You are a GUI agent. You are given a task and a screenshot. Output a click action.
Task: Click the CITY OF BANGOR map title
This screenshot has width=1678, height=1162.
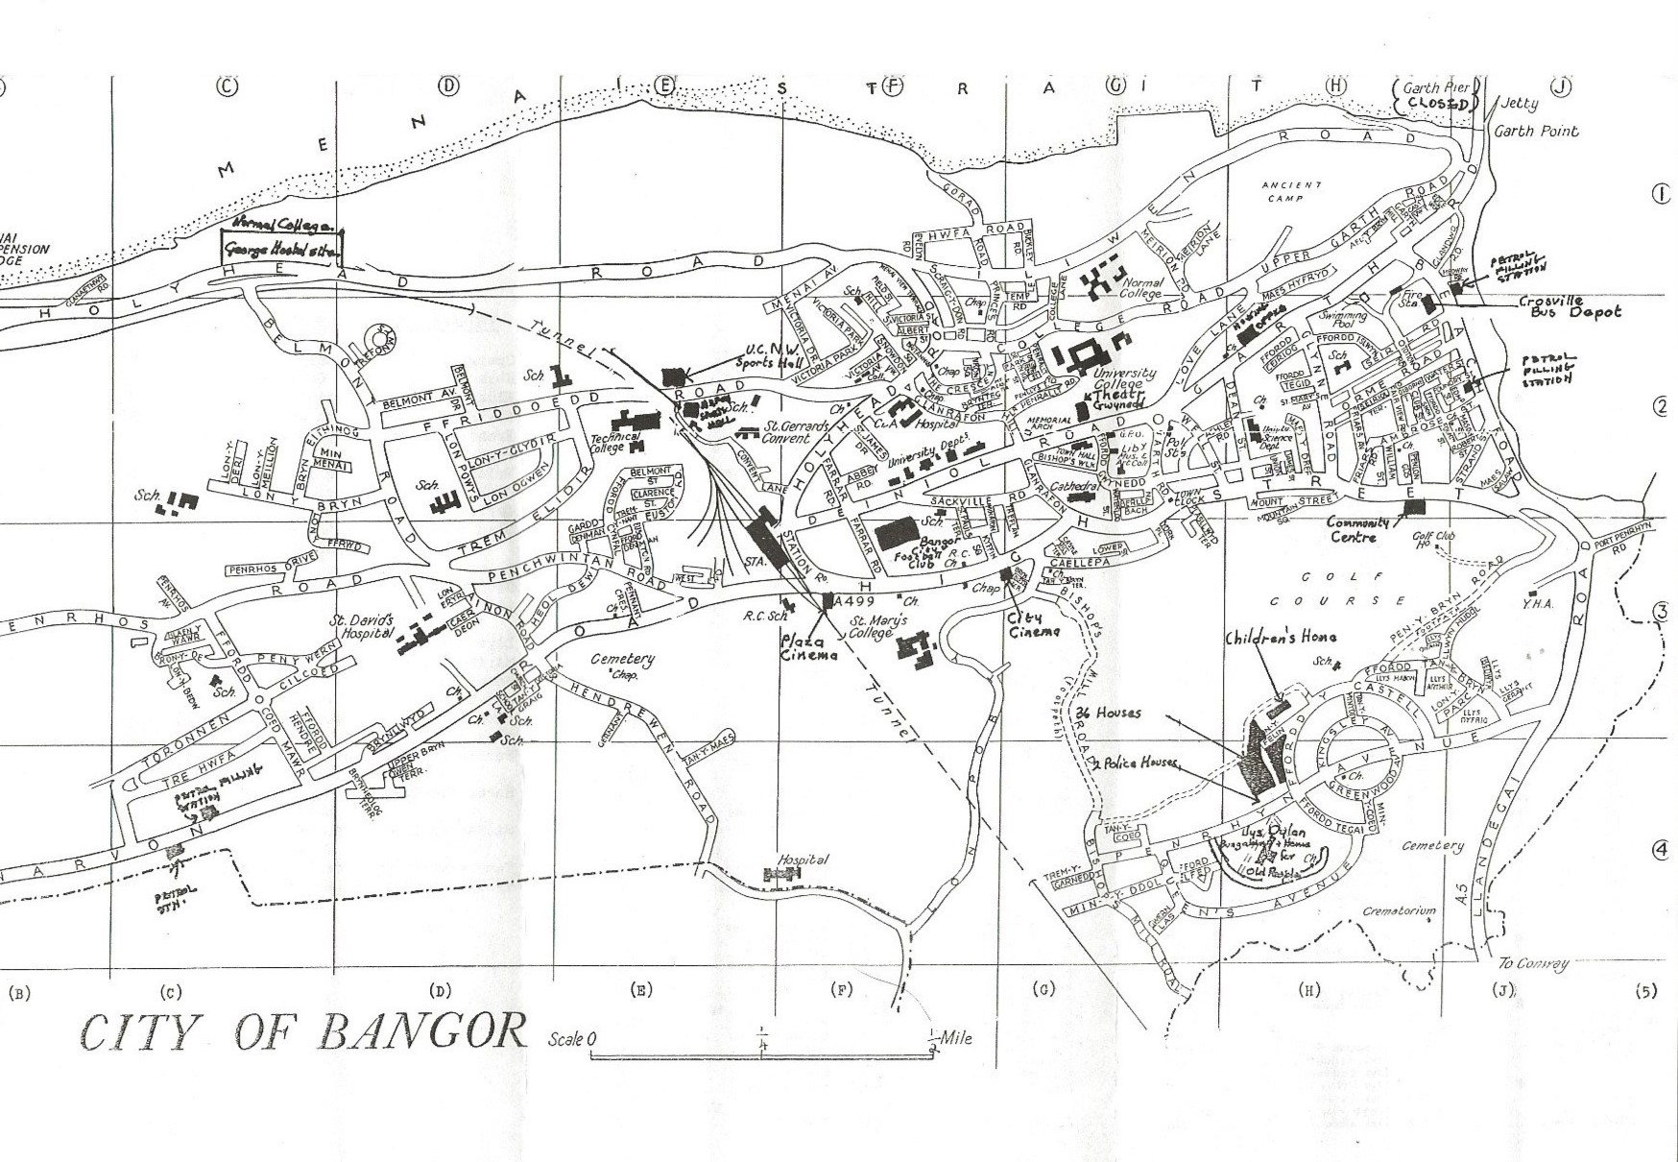(x=303, y=1033)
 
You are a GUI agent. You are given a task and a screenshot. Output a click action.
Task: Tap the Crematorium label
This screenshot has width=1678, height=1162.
(x=1399, y=910)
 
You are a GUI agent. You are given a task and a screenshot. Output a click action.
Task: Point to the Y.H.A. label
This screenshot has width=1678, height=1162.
(x=1538, y=604)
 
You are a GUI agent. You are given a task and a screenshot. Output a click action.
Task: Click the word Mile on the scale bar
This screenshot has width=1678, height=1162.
(x=955, y=1037)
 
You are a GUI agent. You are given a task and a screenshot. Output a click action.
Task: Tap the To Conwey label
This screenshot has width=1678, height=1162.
(x=1533, y=963)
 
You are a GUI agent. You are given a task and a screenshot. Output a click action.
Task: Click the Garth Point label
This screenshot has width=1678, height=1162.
(x=1536, y=132)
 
